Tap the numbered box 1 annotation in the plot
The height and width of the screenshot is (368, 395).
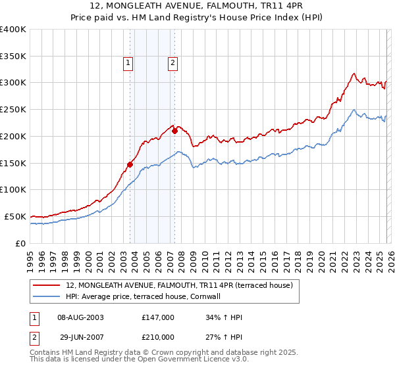(128, 63)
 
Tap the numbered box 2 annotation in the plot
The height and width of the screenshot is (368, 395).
(172, 63)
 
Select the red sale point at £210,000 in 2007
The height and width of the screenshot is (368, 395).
(175, 131)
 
